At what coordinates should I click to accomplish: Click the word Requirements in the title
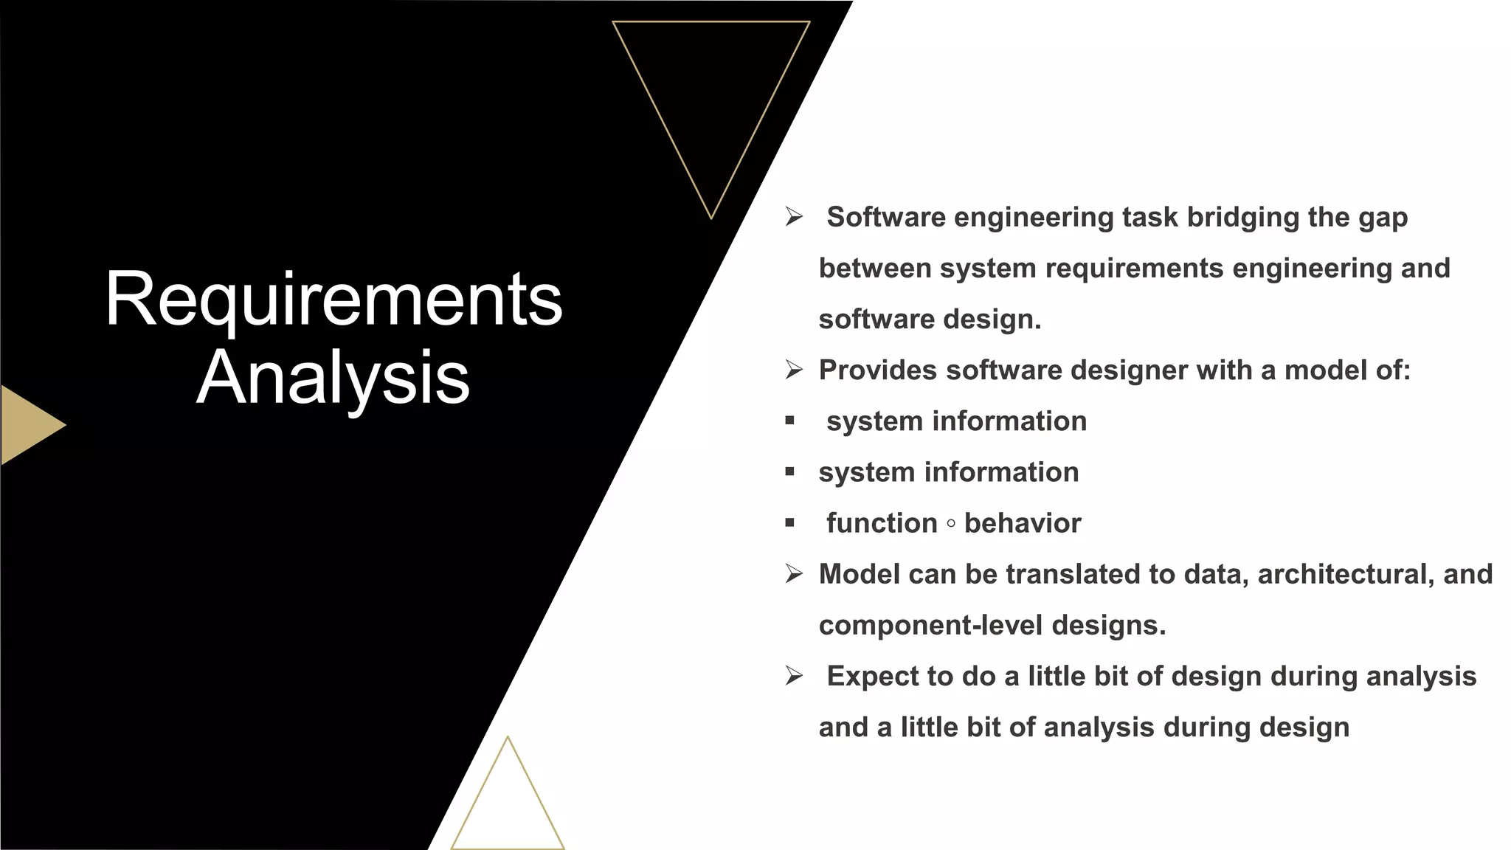pos(333,299)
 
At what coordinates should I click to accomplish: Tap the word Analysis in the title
pos(333,378)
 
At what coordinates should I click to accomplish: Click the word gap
pos(1383,218)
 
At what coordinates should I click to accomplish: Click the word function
pos(882,523)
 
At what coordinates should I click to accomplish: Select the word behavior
pos(1023,523)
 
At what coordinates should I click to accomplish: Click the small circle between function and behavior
pos(951,524)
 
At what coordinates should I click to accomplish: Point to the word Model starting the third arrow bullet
pos(859,574)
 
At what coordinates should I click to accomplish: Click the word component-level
pos(930,626)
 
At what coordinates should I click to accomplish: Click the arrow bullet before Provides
pos(794,370)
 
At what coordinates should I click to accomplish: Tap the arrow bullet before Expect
pos(794,676)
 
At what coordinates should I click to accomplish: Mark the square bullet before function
pos(790,523)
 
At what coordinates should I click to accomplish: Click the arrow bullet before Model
pos(794,574)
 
